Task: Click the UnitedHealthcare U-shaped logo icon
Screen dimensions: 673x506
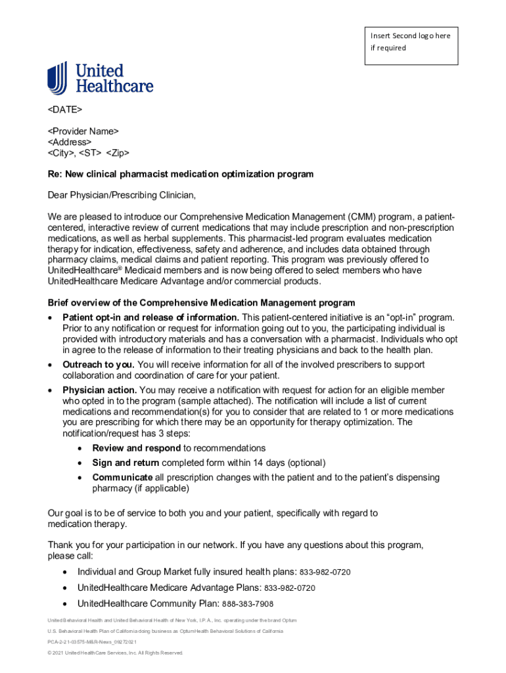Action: tap(57, 78)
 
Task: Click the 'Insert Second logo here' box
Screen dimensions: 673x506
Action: tap(411, 45)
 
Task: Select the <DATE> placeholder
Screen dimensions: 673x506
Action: tap(64, 108)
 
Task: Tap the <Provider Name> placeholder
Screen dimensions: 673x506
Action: tap(83, 131)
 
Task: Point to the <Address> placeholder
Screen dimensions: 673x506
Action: tap(69, 142)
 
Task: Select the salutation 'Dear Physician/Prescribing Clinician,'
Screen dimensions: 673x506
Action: tap(122, 195)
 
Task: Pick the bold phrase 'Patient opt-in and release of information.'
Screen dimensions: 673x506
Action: tap(150, 317)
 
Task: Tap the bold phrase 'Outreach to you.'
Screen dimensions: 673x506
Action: tap(99, 364)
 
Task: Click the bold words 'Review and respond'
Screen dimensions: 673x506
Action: tap(136, 448)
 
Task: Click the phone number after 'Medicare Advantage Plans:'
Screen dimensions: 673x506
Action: tap(290, 588)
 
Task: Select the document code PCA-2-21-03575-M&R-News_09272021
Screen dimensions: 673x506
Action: tap(92, 641)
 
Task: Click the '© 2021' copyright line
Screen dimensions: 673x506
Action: tap(115, 653)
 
